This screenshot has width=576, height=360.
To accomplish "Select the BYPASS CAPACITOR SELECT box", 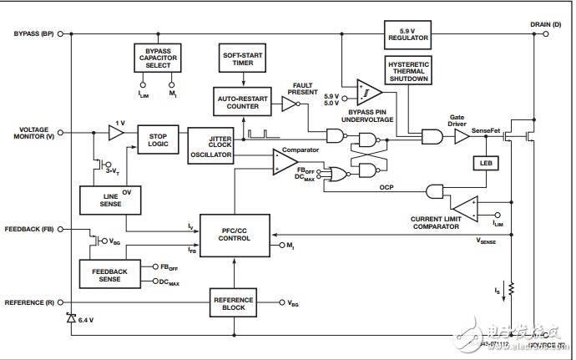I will point(157,58).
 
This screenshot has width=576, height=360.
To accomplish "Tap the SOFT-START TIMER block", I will point(243,59).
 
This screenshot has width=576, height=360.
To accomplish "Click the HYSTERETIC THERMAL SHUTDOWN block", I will point(407,74).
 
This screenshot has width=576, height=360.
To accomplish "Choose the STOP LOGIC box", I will point(158,139).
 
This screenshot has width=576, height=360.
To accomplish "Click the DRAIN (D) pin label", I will point(545,24).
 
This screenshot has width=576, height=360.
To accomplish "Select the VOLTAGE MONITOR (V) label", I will point(30,133).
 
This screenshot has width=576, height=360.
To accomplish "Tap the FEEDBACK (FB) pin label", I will point(29,227).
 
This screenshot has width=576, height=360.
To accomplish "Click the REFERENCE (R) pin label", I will point(30,302).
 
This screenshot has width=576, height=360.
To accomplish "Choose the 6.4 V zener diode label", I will point(85,321).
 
